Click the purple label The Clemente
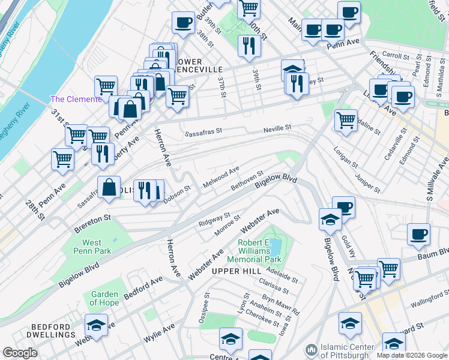[76, 99]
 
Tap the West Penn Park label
[92, 247]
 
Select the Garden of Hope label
[104, 298]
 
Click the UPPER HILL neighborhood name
[234, 272]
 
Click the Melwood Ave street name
[221, 177]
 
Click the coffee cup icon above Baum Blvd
[418, 234]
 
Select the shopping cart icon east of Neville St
[346, 120]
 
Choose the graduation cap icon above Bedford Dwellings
[96, 325]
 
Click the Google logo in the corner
[20, 353]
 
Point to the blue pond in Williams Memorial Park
[276, 247]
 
